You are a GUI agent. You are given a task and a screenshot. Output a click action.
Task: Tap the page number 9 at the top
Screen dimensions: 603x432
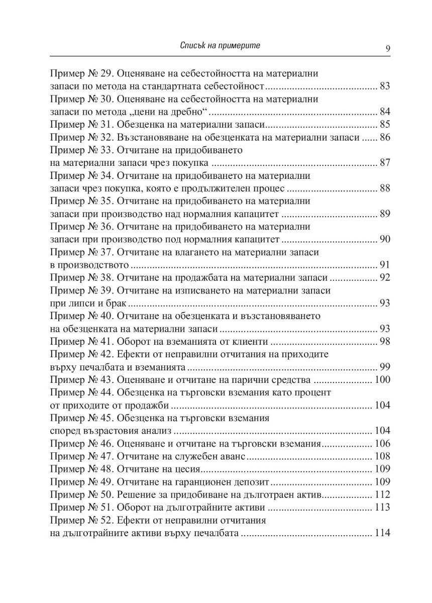pos(387,48)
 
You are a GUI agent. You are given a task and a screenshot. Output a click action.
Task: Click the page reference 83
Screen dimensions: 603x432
pos(385,86)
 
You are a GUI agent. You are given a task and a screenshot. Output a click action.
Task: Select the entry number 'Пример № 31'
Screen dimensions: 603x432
pos(80,124)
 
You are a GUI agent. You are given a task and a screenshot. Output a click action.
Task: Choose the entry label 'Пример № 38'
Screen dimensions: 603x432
pos(80,277)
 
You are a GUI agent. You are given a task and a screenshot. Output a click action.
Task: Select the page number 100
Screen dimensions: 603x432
pos(382,379)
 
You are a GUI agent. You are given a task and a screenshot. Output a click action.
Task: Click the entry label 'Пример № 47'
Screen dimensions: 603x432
pos(80,456)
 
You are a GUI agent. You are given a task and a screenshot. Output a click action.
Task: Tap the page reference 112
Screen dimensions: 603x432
pos(382,494)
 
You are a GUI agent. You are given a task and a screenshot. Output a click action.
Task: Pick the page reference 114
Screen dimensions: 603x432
pos(382,533)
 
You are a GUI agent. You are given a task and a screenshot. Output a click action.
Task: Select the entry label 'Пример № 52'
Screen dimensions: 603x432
pos(80,520)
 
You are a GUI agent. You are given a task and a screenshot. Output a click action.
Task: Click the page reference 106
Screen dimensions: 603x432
pos(382,443)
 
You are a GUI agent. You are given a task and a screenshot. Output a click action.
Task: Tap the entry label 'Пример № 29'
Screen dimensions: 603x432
pos(80,73)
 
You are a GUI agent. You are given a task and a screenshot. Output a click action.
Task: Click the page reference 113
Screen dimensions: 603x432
pos(382,508)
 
